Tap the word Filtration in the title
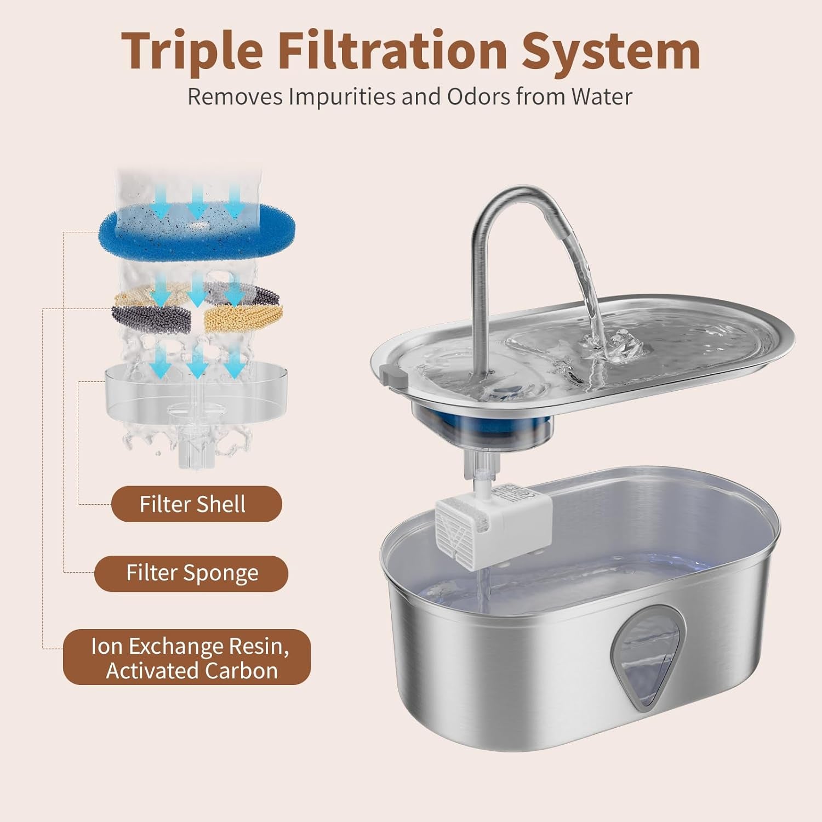pyautogui.click(x=392, y=50)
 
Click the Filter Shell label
pyautogui.click(x=197, y=504)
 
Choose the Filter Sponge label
pyautogui.click(x=191, y=573)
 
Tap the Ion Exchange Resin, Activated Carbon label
pyautogui.click(x=187, y=658)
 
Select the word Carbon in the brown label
pyautogui.click(x=241, y=671)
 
